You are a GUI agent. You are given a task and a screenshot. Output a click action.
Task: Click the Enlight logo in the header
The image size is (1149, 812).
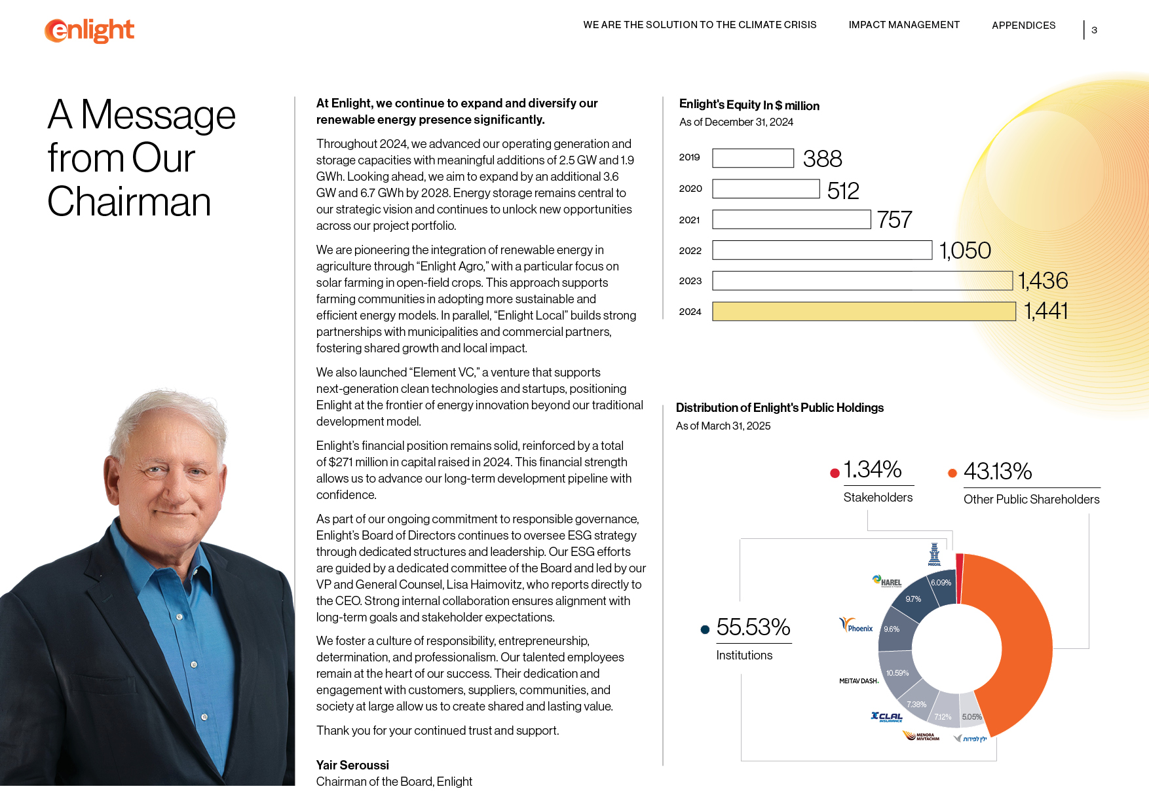pyautogui.click(x=90, y=30)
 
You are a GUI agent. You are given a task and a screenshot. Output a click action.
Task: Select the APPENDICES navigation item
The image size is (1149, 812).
pyautogui.click(x=1023, y=26)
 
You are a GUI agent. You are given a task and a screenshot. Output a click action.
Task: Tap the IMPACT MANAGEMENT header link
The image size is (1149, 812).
pyautogui.click(x=904, y=25)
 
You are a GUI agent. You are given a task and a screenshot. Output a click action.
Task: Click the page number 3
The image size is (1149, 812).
pyautogui.click(x=1094, y=30)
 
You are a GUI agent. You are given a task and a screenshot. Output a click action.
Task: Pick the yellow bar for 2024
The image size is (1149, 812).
pyautogui.click(x=863, y=312)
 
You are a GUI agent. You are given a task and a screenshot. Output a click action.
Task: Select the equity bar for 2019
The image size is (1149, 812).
pyautogui.click(x=753, y=158)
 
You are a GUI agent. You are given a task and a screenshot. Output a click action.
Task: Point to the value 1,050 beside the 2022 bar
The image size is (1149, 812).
pyautogui.click(x=965, y=250)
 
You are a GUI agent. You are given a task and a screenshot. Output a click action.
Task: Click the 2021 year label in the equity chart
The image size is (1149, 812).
pyautogui.click(x=689, y=220)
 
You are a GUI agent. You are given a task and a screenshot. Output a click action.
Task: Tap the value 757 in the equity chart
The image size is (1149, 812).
pyautogui.click(x=894, y=219)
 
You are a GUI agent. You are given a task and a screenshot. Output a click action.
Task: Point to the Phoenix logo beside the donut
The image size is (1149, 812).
pyautogui.click(x=856, y=625)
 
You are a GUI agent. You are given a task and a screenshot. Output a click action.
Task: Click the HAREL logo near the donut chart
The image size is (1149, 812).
pyautogui.click(x=887, y=581)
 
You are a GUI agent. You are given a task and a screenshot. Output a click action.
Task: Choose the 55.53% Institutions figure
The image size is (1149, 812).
pyautogui.click(x=753, y=627)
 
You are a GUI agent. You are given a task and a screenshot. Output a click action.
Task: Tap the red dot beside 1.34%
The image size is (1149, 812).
pyautogui.click(x=835, y=473)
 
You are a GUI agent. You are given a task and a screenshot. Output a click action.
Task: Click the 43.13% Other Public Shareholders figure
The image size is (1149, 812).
pyautogui.click(x=998, y=471)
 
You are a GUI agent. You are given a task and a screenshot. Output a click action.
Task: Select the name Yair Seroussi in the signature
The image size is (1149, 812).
pyautogui.click(x=352, y=765)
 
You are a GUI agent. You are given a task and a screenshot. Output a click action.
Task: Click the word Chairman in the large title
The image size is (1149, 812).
pyautogui.click(x=129, y=202)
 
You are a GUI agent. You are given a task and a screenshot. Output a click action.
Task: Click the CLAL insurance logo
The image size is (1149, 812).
pyautogui.click(x=886, y=716)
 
